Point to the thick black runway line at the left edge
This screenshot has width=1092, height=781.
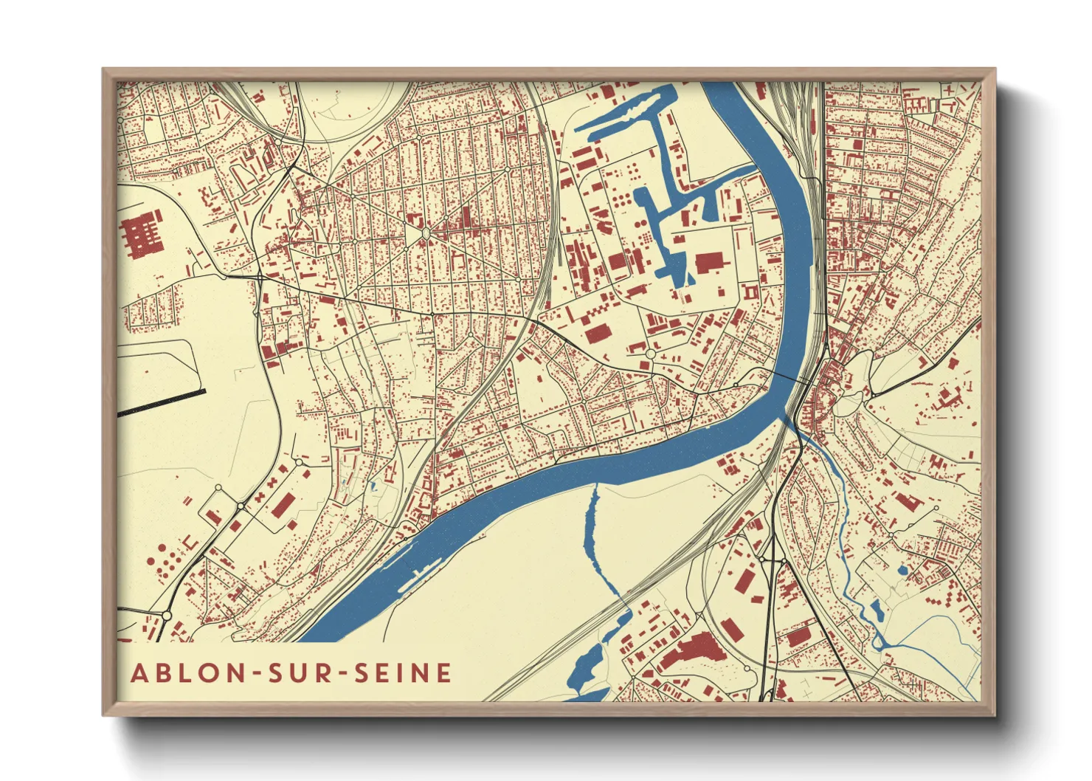pyautogui.click(x=161, y=402)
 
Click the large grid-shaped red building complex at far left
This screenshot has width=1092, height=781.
pyautogui.click(x=140, y=234)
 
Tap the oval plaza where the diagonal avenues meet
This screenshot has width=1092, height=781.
pyautogui.click(x=426, y=233)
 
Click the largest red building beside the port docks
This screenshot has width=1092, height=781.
pyautogui.click(x=709, y=262)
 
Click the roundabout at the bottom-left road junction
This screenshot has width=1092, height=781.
pyautogui.click(x=167, y=615)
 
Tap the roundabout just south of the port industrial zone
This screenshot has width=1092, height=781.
pyautogui.click(x=650, y=354)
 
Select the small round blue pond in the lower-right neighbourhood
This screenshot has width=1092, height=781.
pyautogui.click(x=902, y=571)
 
